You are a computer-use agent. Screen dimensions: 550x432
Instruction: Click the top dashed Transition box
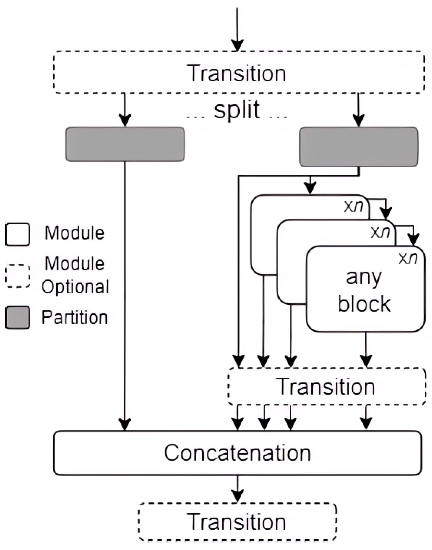click(x=238, y=72)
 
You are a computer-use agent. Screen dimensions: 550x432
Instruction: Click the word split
click(x=237, y=110)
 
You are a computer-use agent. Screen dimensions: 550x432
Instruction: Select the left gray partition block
click(x=125, y=144)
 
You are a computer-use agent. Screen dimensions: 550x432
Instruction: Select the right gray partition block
click(x=358, y=146)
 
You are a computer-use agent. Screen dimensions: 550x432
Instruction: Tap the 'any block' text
click(x=364, y=291)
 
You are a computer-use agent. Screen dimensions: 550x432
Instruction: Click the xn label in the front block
click(x=408, y=258)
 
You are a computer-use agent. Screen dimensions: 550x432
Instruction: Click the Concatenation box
click(x=238, y=452)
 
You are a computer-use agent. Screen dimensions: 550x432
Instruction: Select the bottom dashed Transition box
click(x=238, y=522)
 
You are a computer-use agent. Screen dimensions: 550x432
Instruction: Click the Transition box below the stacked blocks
click(x=326, y=386)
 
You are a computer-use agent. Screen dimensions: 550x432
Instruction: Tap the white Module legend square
click(x=18, y=234)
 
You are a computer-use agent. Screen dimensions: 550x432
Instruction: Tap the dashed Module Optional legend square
click(x=18, y=276)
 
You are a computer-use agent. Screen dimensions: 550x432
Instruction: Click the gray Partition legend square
click(x=18, y=318)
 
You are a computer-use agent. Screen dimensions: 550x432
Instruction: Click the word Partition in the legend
click(x=74, y=317)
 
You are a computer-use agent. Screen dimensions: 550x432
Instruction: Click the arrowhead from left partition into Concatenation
click(x=125, y=425)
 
